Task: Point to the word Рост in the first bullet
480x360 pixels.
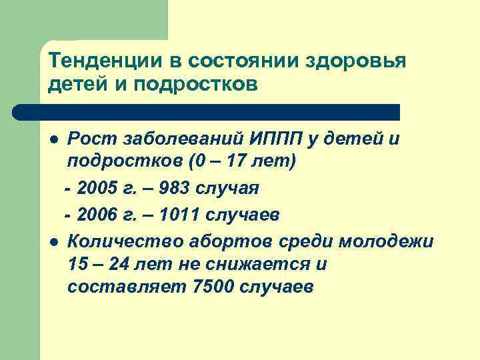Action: point(91,139)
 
